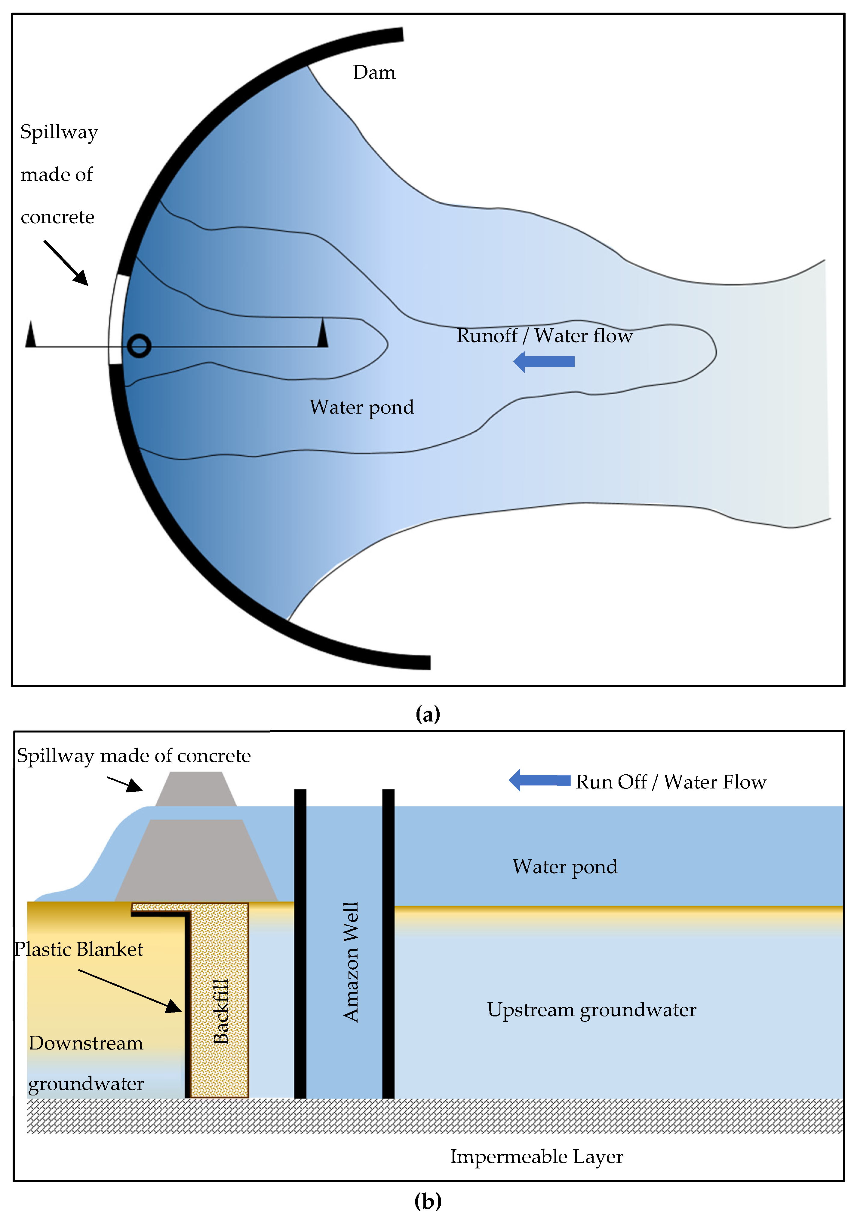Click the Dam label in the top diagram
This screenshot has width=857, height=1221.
coord(374,72)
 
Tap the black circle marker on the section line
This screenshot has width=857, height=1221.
coord(139,346)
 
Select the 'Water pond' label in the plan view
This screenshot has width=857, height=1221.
coord(361,407)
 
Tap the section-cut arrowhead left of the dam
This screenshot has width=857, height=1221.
coord(31,335)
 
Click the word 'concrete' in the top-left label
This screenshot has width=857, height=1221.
coord(57,217)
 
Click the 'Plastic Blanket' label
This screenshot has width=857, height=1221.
coord(79,949)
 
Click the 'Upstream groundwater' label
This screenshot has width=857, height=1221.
coord(591,1009)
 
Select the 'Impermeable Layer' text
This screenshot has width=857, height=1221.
coord(536,1156)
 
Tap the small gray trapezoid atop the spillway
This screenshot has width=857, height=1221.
coord(196,789)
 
